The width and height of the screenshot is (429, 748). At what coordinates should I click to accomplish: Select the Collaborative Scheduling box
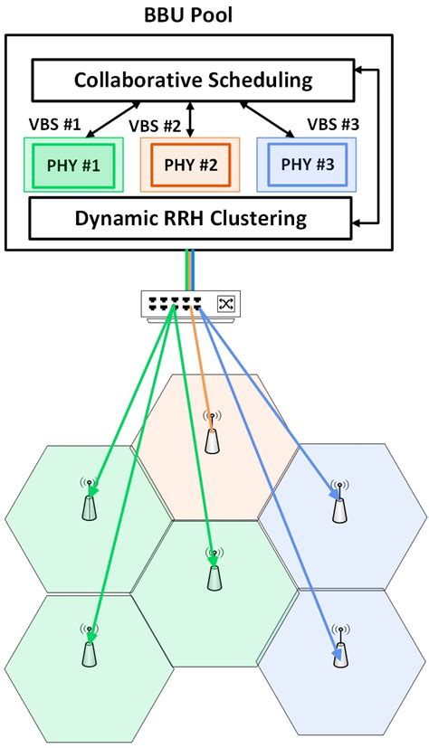tap(193, 80)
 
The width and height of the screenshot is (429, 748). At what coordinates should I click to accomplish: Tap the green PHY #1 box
tap(73, 166)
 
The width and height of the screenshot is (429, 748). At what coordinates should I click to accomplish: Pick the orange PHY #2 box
tap(191, 166)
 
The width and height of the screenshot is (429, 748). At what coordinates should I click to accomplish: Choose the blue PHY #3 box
tap(308, 166)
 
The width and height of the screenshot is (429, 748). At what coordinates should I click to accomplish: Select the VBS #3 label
tap(332, 121)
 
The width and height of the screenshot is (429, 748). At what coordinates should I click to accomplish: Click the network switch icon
tap(190, 305)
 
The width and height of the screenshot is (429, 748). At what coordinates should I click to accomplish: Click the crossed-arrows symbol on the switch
tap(225, 304)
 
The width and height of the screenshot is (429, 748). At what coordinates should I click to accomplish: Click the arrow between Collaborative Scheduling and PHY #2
tap(191, 118)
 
